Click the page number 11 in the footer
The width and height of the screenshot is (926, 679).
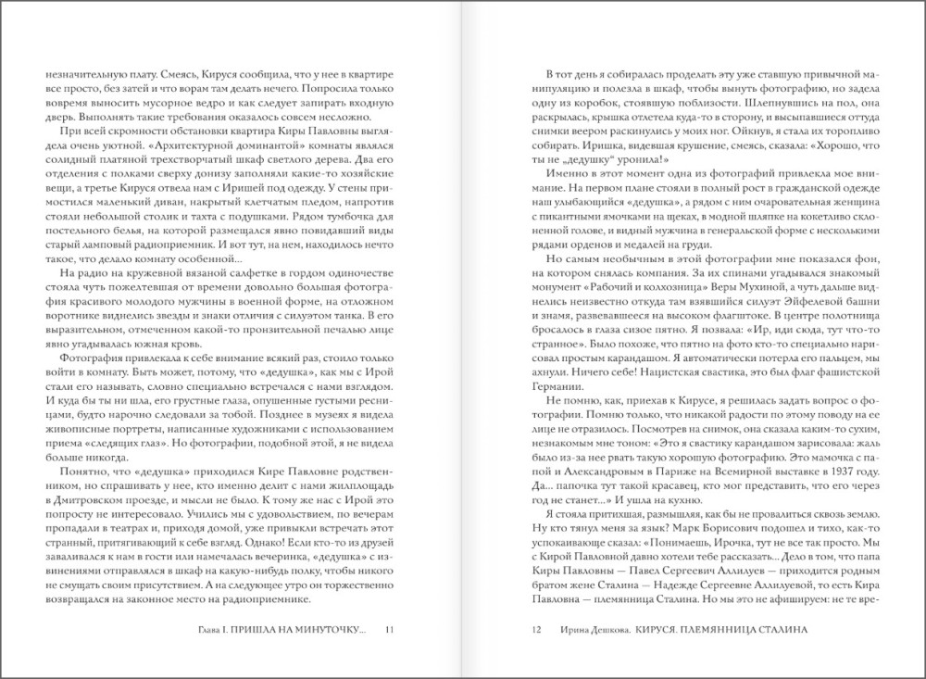tap(389, 630)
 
